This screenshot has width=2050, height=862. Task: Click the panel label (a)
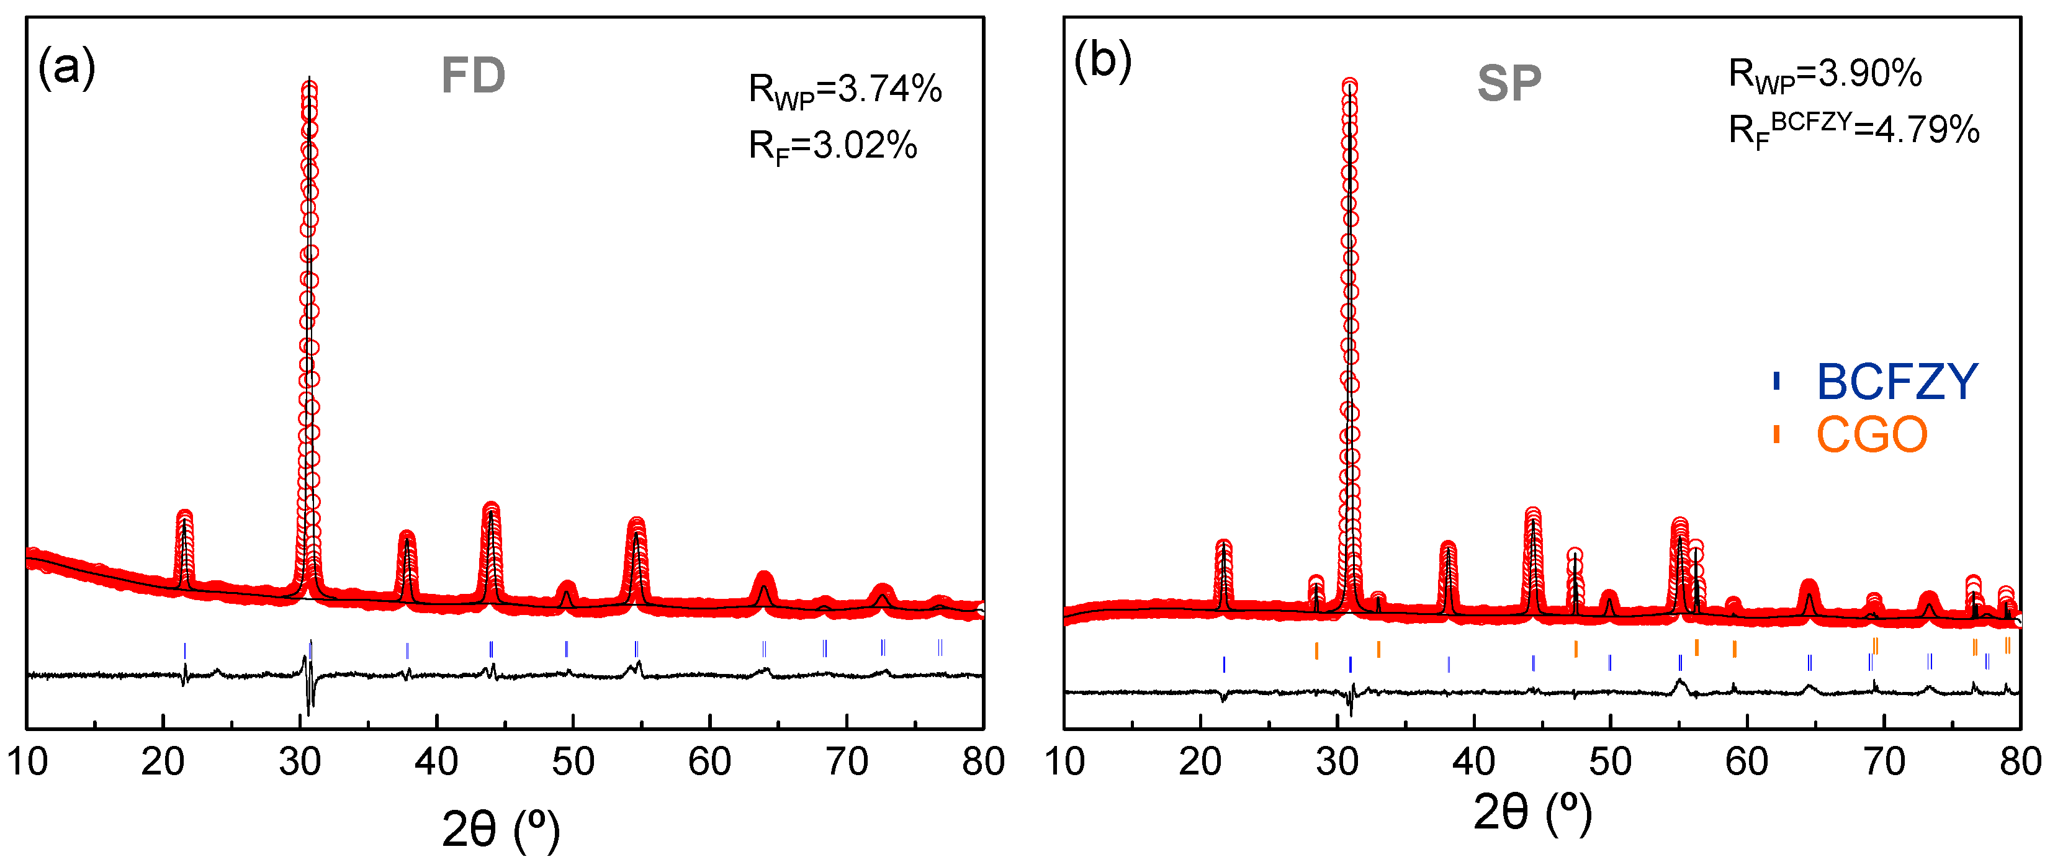[x=67, y=67]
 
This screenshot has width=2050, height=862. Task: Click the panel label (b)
[x=1102, y=60]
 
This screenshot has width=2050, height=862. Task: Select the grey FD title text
[x=474, y=76]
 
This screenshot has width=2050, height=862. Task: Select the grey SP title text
[x=1509, y=83]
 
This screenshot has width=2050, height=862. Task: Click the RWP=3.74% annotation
[x=845, y=90]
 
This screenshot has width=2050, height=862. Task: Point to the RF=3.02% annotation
[x=832, y=146]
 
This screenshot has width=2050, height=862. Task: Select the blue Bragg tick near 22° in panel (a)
[x=184, y=650]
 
